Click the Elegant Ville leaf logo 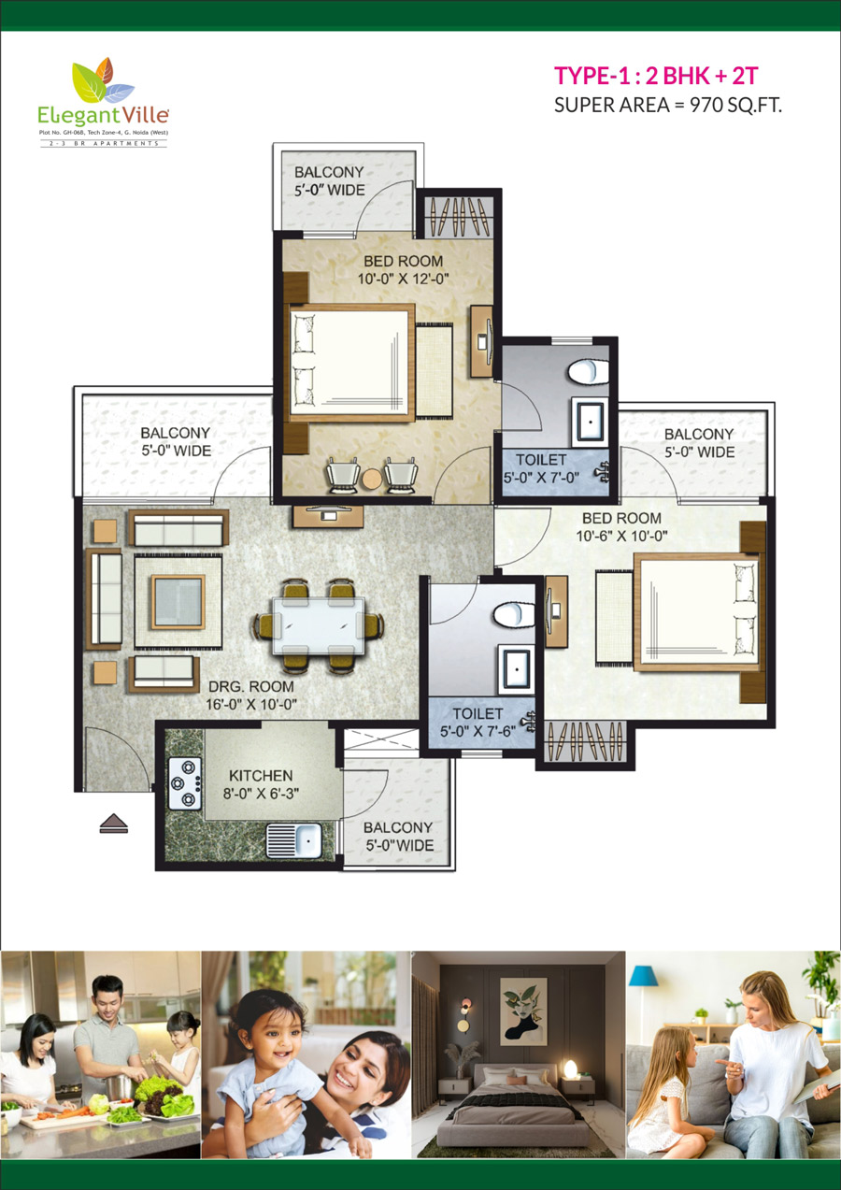pos(103,80)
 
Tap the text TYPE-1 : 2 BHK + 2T pos(656,76)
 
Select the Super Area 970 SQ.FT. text pos(668,106)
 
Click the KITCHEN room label pos(261,775)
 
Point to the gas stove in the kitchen pos(185,783)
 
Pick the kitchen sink pos(293,840)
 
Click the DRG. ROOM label pos(251,686)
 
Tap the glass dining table pos(319,625)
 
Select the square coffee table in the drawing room pos(178,602)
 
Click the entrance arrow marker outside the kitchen pos(114,823)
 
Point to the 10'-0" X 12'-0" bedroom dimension pos(404,279)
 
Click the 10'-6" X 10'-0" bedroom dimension pos(621,536)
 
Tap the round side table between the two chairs pos(372,479)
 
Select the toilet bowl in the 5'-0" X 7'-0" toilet pos(589,372)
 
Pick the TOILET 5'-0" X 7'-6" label pos(478,722)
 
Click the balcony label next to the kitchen pos(399,837)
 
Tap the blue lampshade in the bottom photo pos(644,977)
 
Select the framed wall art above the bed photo pos(523,1011)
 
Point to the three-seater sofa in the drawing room pos(178,527)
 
